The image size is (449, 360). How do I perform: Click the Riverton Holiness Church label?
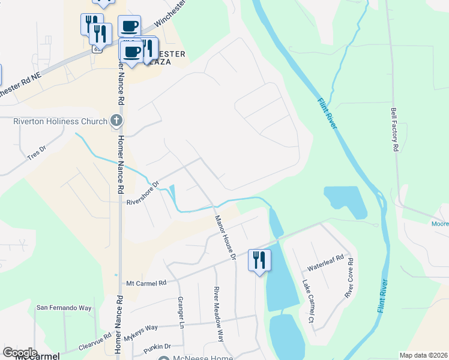pyautogui.click(x=55, y=121)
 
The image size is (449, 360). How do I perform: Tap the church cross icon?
pyautogui.click(x=117, y=121)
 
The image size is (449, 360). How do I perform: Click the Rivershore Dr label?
pyautogui.click(x=142, y=193)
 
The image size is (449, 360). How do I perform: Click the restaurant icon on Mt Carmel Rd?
pyautogui.click(x=259, y=260)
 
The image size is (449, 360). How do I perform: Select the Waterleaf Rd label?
pyautogui.click(x=325, y=262)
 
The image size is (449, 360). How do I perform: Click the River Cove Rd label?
pyautogui.click(x=349, y=278)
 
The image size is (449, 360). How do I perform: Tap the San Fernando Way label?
pyautogui.click(x=64, y=308)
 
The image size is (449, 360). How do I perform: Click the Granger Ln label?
pyautogui.click(x=180, y=312)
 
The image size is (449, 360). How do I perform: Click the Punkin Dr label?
pyautogui.click(x=157, y=346)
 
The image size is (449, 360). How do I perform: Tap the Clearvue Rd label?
pyautogui.click(x=95, y=344)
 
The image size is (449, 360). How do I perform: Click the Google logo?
pyautogui.click(x=20, y=352)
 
